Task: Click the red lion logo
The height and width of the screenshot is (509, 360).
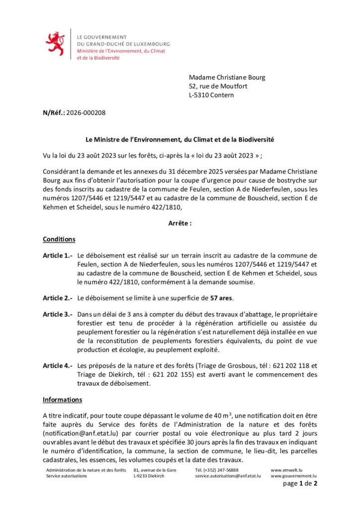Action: [x=55, y=44]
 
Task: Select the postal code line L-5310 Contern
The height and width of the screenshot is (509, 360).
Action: [x=211, y=95]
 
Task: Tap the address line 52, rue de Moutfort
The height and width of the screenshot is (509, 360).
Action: [x=218, y=86]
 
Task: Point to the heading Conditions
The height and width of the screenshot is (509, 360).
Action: [x=59, y=239]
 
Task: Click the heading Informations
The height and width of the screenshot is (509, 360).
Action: [x=62, y=399]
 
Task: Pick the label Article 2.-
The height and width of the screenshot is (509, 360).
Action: [x=58, y=298]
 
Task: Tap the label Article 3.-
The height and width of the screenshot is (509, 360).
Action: [x=58, y=315]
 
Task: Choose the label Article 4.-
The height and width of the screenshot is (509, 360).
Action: [x=58, y=366]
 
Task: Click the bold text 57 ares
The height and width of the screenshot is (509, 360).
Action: [x=222, y=298]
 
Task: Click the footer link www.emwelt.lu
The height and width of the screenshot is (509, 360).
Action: [x=287, y=470]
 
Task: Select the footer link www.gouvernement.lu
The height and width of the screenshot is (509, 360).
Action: [x=293, y=476]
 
